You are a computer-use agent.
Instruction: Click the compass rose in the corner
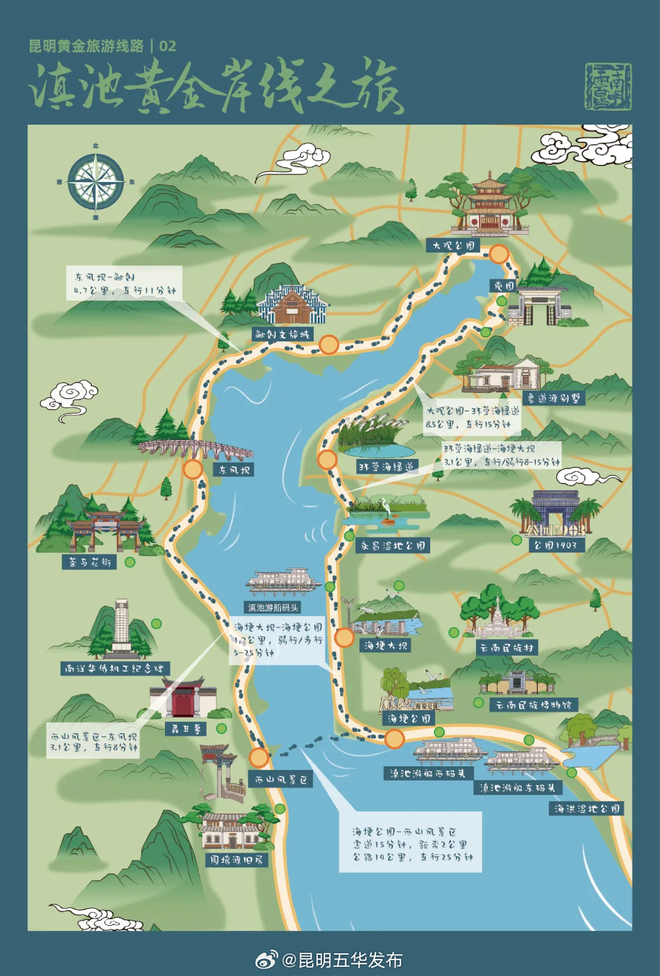point(96,182)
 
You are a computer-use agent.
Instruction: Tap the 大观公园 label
point(453,246)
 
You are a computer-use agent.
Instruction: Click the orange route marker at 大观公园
point(499,254)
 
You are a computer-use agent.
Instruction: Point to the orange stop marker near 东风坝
point(193,469)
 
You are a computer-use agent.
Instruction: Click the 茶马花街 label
point(89,562)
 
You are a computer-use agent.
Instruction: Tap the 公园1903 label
point(555,545)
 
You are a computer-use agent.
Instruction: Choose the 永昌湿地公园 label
point(392,546)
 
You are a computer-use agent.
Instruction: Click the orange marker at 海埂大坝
point(344,637)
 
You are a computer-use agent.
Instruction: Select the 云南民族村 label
point(507,648)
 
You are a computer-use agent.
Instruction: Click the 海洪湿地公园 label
point(587,809)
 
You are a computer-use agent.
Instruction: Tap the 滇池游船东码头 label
point(517,788)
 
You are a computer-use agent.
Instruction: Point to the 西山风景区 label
point(281,780)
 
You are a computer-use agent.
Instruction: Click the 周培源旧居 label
point(236,860)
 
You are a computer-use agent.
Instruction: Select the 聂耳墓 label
point(186,728)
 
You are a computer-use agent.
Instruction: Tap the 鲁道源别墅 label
point(554,398)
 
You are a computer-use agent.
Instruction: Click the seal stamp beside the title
point(607,86)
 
